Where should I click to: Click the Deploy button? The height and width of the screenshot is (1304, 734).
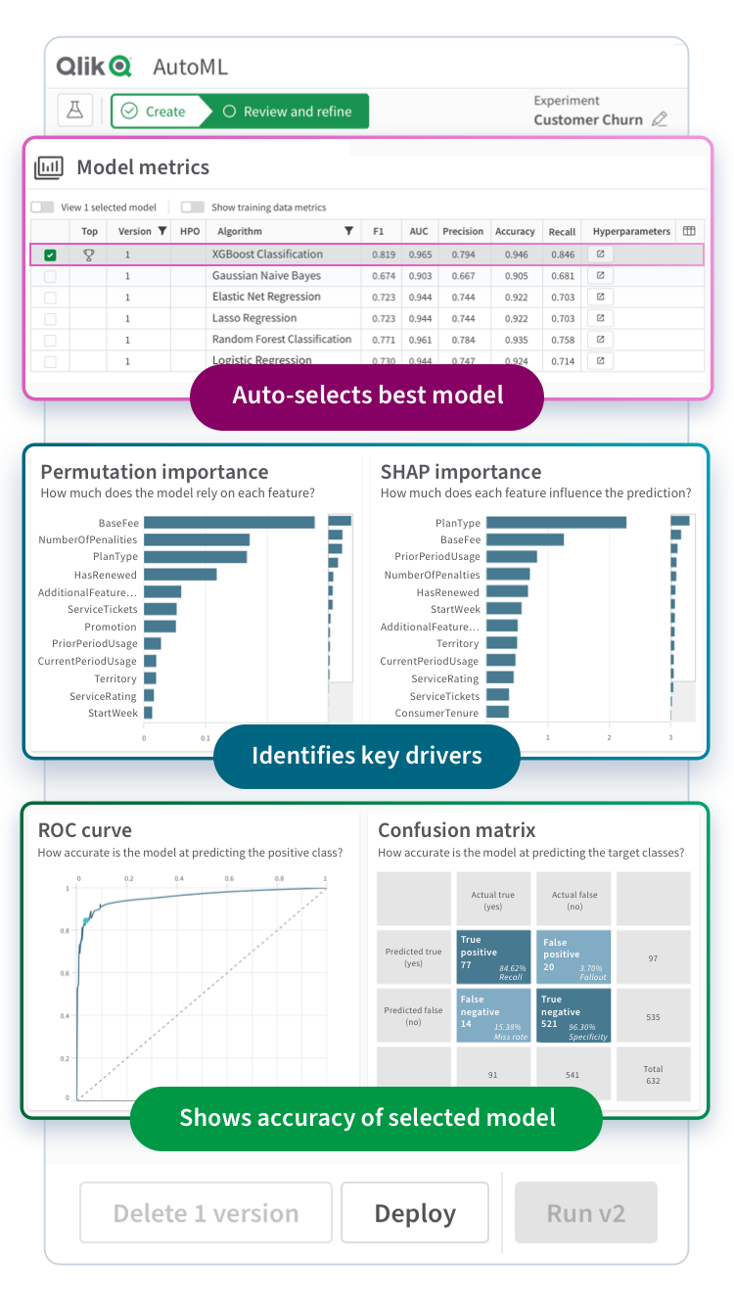point(415,1214)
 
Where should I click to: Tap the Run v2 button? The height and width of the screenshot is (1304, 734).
point(585,1213)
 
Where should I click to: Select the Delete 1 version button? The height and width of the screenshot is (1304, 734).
point(206,1214)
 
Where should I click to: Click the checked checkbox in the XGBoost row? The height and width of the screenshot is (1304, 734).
point(51,256)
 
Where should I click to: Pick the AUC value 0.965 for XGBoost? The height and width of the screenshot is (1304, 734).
point(420,255)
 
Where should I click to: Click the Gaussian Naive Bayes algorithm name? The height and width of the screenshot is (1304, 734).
point(266,276)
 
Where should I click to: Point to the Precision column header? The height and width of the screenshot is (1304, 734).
point(463,232)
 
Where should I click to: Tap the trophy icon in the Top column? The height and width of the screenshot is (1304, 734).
point(89,255)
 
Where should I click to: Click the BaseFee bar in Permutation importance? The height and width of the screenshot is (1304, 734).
point(229,523)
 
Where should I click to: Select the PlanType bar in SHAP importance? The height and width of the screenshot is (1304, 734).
point(556,523)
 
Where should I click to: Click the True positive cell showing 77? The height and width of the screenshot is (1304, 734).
point(493,956)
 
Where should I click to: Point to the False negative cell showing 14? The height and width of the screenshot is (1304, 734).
point(493,1016)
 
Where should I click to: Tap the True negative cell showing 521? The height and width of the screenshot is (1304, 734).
point(574,1016)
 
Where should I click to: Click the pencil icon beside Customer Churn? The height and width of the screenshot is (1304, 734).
point(660,119)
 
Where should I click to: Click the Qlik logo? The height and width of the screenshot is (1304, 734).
point(94,67)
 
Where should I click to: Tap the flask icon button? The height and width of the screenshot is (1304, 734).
point(74,111)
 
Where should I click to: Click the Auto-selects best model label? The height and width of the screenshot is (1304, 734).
point(367,396)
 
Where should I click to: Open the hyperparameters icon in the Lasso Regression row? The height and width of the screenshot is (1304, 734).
point(600,318)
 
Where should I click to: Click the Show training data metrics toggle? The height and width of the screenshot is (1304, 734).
point(193,208)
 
